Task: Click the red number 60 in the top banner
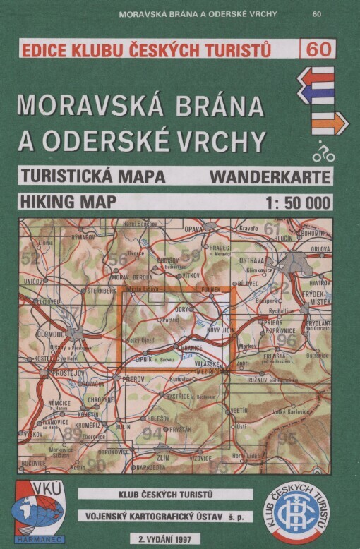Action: point(318,49)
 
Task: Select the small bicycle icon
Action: point(323,152)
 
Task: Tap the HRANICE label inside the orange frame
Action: point(191,348)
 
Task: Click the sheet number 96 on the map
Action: point(287,339)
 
